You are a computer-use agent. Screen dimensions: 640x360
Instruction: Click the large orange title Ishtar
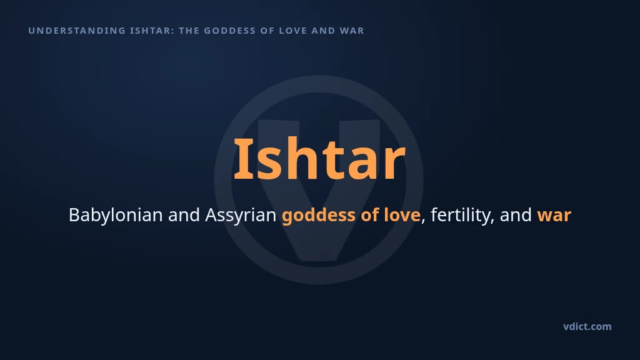[x=319, y=159]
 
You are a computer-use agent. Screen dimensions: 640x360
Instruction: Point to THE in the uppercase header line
[x=189, y=31]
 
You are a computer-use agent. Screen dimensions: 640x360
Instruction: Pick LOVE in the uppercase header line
[x=293, y=31]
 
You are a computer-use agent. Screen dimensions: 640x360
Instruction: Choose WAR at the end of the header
[x=352, y=31]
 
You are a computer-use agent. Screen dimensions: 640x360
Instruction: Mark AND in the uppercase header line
[x=323, y=31]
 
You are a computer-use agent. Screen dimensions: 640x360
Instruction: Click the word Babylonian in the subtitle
[x=116, y=216]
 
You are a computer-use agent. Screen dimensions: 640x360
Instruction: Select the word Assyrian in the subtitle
[x=241, y=216]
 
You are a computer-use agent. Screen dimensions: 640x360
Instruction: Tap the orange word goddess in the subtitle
[x=318, y=216]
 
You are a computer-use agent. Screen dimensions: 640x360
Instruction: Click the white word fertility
[x=461, y=216]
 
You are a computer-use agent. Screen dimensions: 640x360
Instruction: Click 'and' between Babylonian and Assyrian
[x=184, y=215]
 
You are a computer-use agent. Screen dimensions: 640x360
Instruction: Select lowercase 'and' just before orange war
[x=516, y=215]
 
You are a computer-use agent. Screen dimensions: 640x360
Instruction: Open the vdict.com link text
[x=587, y=326]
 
